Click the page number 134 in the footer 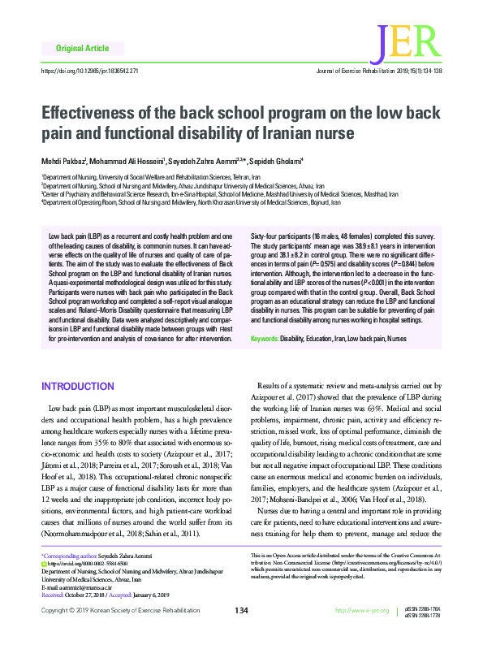[241, 633]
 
